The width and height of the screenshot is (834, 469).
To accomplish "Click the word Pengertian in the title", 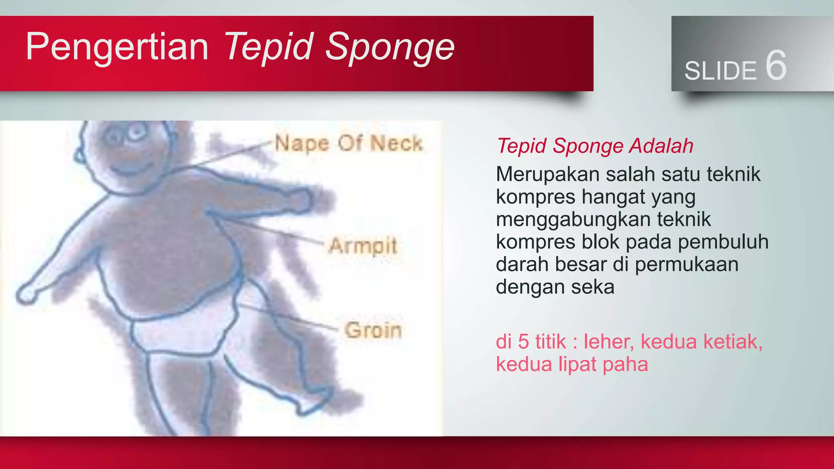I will pyautogui.click(x=117, y=47).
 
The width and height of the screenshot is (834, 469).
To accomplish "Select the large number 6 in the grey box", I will pyautogui.click(x=776, y=66).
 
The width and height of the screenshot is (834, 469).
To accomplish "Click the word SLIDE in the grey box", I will pyautogui.click(x=720, y=71).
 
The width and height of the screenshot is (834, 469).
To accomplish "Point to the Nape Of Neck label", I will pyautogui.click(x=349, y=143).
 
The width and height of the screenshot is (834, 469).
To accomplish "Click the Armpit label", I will pyautogui.click(x=362, y=245).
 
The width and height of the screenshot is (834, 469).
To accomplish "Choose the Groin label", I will pyautogui.click(x=373, y=330).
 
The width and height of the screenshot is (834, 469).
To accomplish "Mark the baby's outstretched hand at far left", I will pyautogui.click(x=26, y=294).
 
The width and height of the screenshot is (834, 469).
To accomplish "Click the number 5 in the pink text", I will pyautogui.click(x=523, y=341).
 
